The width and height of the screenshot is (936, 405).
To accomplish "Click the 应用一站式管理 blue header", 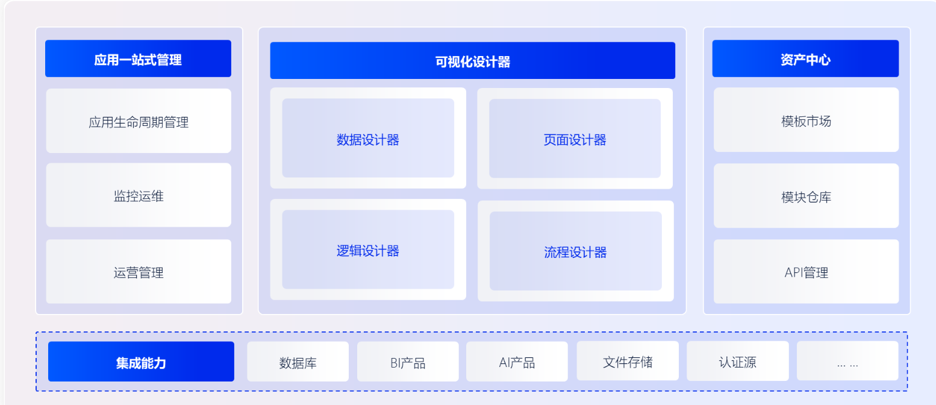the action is [138, 59].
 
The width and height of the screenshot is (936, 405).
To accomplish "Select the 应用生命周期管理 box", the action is [139, 122].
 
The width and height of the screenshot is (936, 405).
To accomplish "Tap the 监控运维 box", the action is [139, 196].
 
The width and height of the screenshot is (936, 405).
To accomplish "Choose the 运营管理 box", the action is [139, 272].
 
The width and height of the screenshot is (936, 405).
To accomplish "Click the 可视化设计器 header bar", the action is [472, 61].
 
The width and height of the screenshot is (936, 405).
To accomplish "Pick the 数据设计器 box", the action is [368, 139].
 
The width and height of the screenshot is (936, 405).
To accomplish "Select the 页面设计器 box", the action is [575, 139].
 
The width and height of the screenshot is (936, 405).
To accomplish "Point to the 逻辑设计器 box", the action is [368, 250].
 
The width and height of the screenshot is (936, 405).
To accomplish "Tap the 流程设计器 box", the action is [575, 251].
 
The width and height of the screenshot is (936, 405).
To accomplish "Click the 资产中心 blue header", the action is [805, 59].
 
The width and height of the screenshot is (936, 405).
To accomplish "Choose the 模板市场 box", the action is [806, 121].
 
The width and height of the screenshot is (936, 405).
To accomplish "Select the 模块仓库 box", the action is [806, 196].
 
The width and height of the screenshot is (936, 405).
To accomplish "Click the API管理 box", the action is [806, 272].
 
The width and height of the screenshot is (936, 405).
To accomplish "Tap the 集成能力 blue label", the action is [141, 362].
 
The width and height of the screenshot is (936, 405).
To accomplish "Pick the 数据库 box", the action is [298, 362].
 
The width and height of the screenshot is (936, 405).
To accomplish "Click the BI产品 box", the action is [408, 362].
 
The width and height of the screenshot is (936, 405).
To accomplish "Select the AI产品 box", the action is [517, 362].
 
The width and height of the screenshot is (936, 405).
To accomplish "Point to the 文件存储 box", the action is [628, 362].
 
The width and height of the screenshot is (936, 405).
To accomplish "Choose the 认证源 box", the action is [737, 362].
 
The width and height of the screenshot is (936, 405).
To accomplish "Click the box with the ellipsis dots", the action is [847, 362].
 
